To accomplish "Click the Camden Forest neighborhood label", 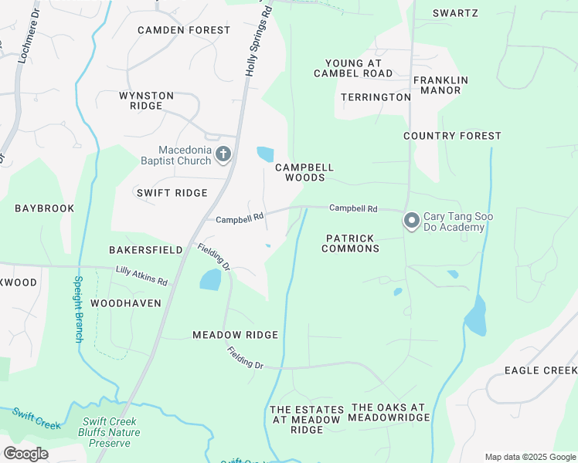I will click(184, 30).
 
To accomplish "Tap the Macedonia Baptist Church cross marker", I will click(223, 154).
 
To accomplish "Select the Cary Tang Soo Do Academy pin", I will click(411, 221).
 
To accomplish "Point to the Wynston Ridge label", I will click(146, 100).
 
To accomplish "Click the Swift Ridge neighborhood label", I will click(172, 193).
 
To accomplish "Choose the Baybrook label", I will click(44, 208).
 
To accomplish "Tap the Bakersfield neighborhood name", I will click(145, 250).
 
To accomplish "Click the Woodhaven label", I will click(126, 303).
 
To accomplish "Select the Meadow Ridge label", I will click(235, 335).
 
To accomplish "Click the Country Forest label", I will click(452, 136).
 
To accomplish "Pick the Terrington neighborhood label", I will click(376, 97).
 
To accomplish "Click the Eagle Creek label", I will click(540, 370).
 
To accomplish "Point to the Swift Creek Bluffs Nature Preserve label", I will click(114, 432).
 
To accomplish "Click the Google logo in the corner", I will click(25, 454).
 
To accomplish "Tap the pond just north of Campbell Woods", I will click(265, 154).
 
